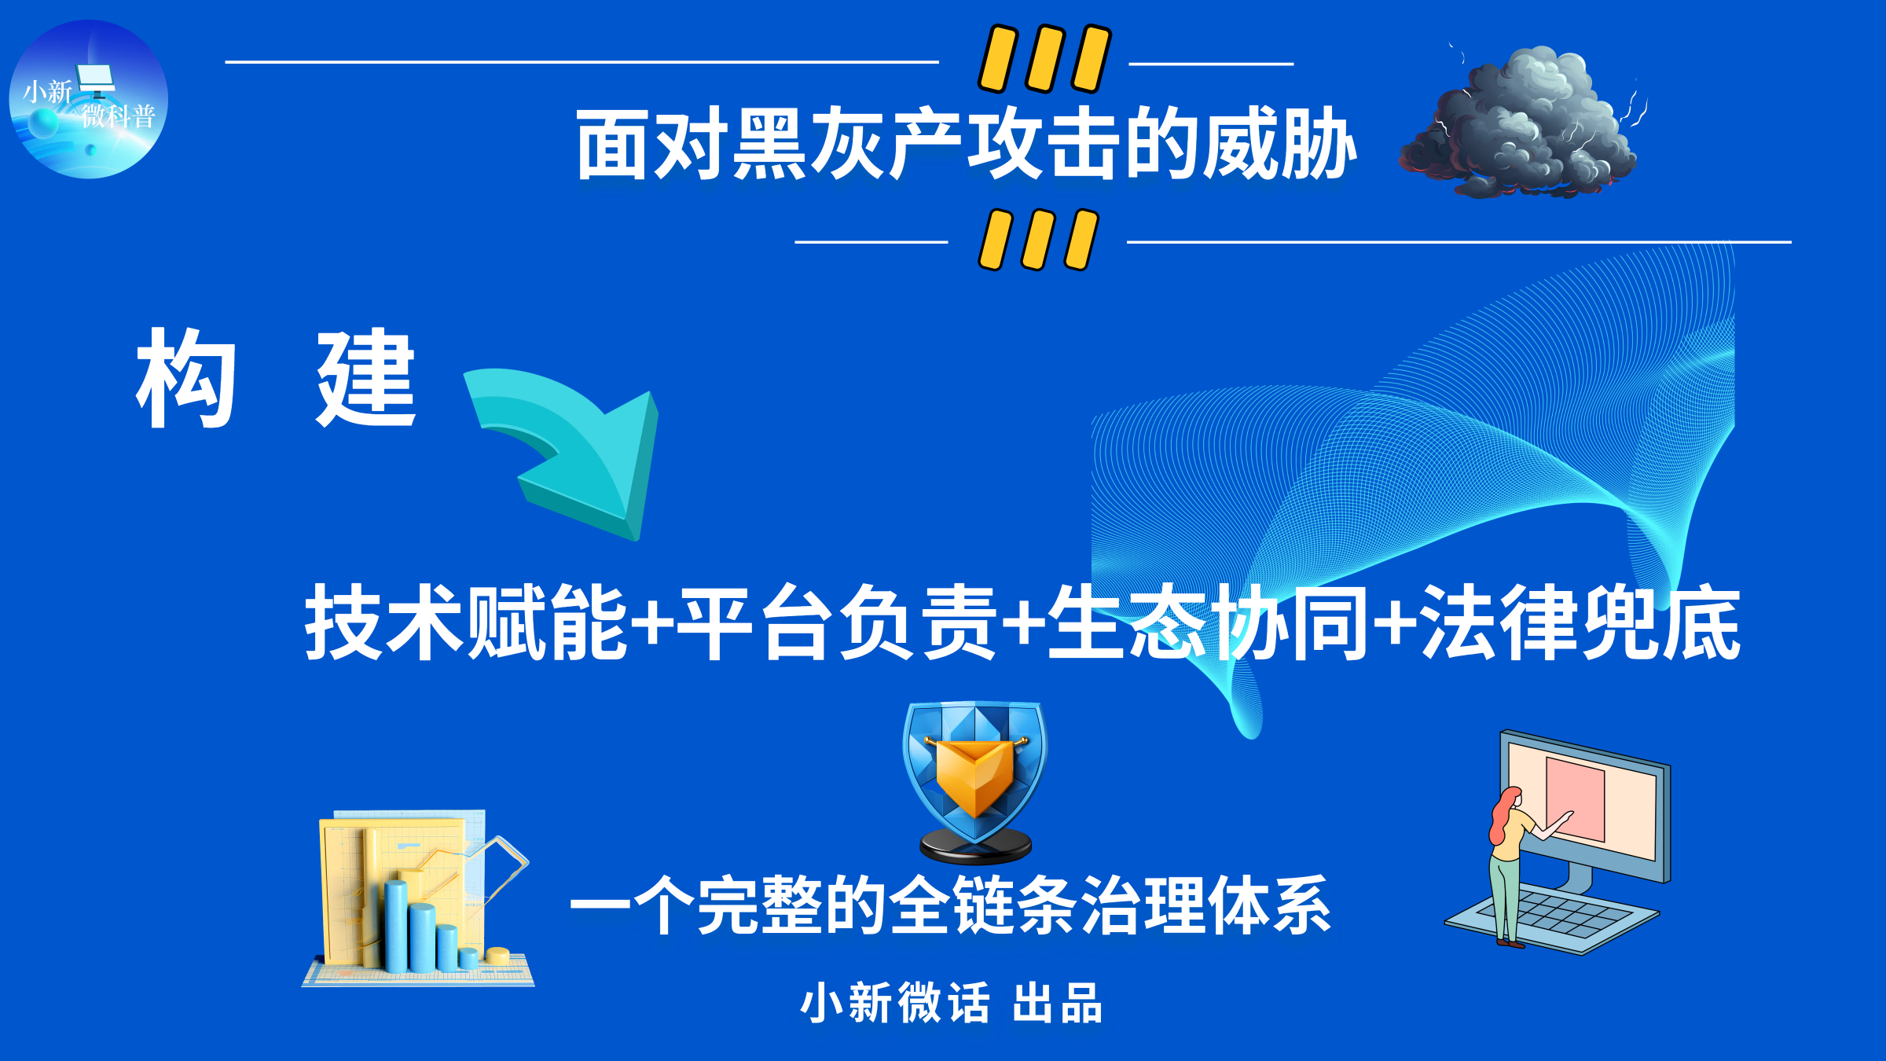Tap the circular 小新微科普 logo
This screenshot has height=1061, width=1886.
(88, 99)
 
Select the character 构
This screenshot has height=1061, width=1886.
(186, 378)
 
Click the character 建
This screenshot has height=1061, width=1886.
(365, 378)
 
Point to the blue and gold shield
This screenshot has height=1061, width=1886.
(975, 782)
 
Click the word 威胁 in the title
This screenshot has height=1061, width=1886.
(1280, 144)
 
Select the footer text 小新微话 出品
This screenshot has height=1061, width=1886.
(951, 1003)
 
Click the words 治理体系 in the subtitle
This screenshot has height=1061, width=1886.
(1206, 905)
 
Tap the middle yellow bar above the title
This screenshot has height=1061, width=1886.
(1045, 59)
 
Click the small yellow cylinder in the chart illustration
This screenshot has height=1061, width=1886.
(497, 956)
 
